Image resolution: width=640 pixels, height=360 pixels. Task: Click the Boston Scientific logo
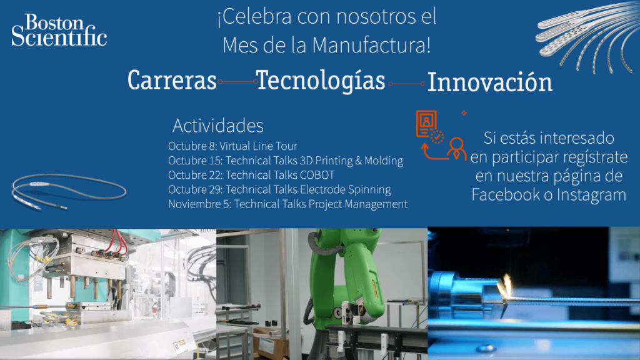coord(59,30)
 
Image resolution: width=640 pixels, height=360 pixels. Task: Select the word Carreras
coord(172,80)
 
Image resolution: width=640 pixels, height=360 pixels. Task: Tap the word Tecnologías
coord(321,81)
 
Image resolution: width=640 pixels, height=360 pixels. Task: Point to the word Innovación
coord(490,82)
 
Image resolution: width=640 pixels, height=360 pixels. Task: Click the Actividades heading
coord(218,125)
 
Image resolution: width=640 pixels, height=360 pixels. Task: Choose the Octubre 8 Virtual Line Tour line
coord(232,146)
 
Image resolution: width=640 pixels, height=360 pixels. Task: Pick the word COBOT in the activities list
coord(317,175)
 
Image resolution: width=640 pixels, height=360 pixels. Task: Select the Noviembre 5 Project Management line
coord(287,204)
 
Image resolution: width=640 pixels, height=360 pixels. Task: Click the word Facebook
coord(506,194)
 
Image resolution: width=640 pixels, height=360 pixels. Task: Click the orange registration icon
coord(441,135)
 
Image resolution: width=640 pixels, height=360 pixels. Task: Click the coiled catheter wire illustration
coord(69,191)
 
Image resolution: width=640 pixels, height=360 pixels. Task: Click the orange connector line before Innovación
coord(406,84)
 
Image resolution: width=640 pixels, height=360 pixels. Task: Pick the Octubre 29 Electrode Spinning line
coord(279,189)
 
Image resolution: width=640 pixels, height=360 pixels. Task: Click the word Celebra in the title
coord(257,17)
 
